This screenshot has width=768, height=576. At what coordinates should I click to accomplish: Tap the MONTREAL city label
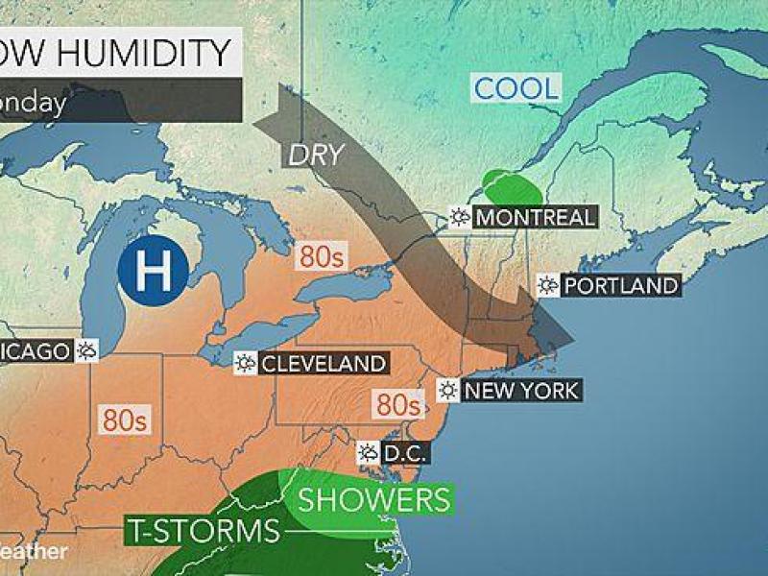(534, 217)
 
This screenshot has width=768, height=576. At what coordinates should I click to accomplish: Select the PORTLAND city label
(620, 285)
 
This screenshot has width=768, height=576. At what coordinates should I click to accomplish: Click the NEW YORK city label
(521, 390)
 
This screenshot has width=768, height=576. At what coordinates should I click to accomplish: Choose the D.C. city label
(403, 451)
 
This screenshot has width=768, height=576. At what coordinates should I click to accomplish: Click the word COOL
(516, 89)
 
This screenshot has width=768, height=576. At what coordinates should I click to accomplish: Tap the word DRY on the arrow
(315, 154)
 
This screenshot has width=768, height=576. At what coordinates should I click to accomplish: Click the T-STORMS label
(203, 531)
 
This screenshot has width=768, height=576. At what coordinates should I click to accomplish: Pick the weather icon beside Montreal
(461, 217)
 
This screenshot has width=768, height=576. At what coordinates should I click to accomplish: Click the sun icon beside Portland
(548, 285)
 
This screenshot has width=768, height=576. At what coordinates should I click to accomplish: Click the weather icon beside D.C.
(368, 451)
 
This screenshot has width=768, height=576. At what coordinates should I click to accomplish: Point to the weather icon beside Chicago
(88, 350)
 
